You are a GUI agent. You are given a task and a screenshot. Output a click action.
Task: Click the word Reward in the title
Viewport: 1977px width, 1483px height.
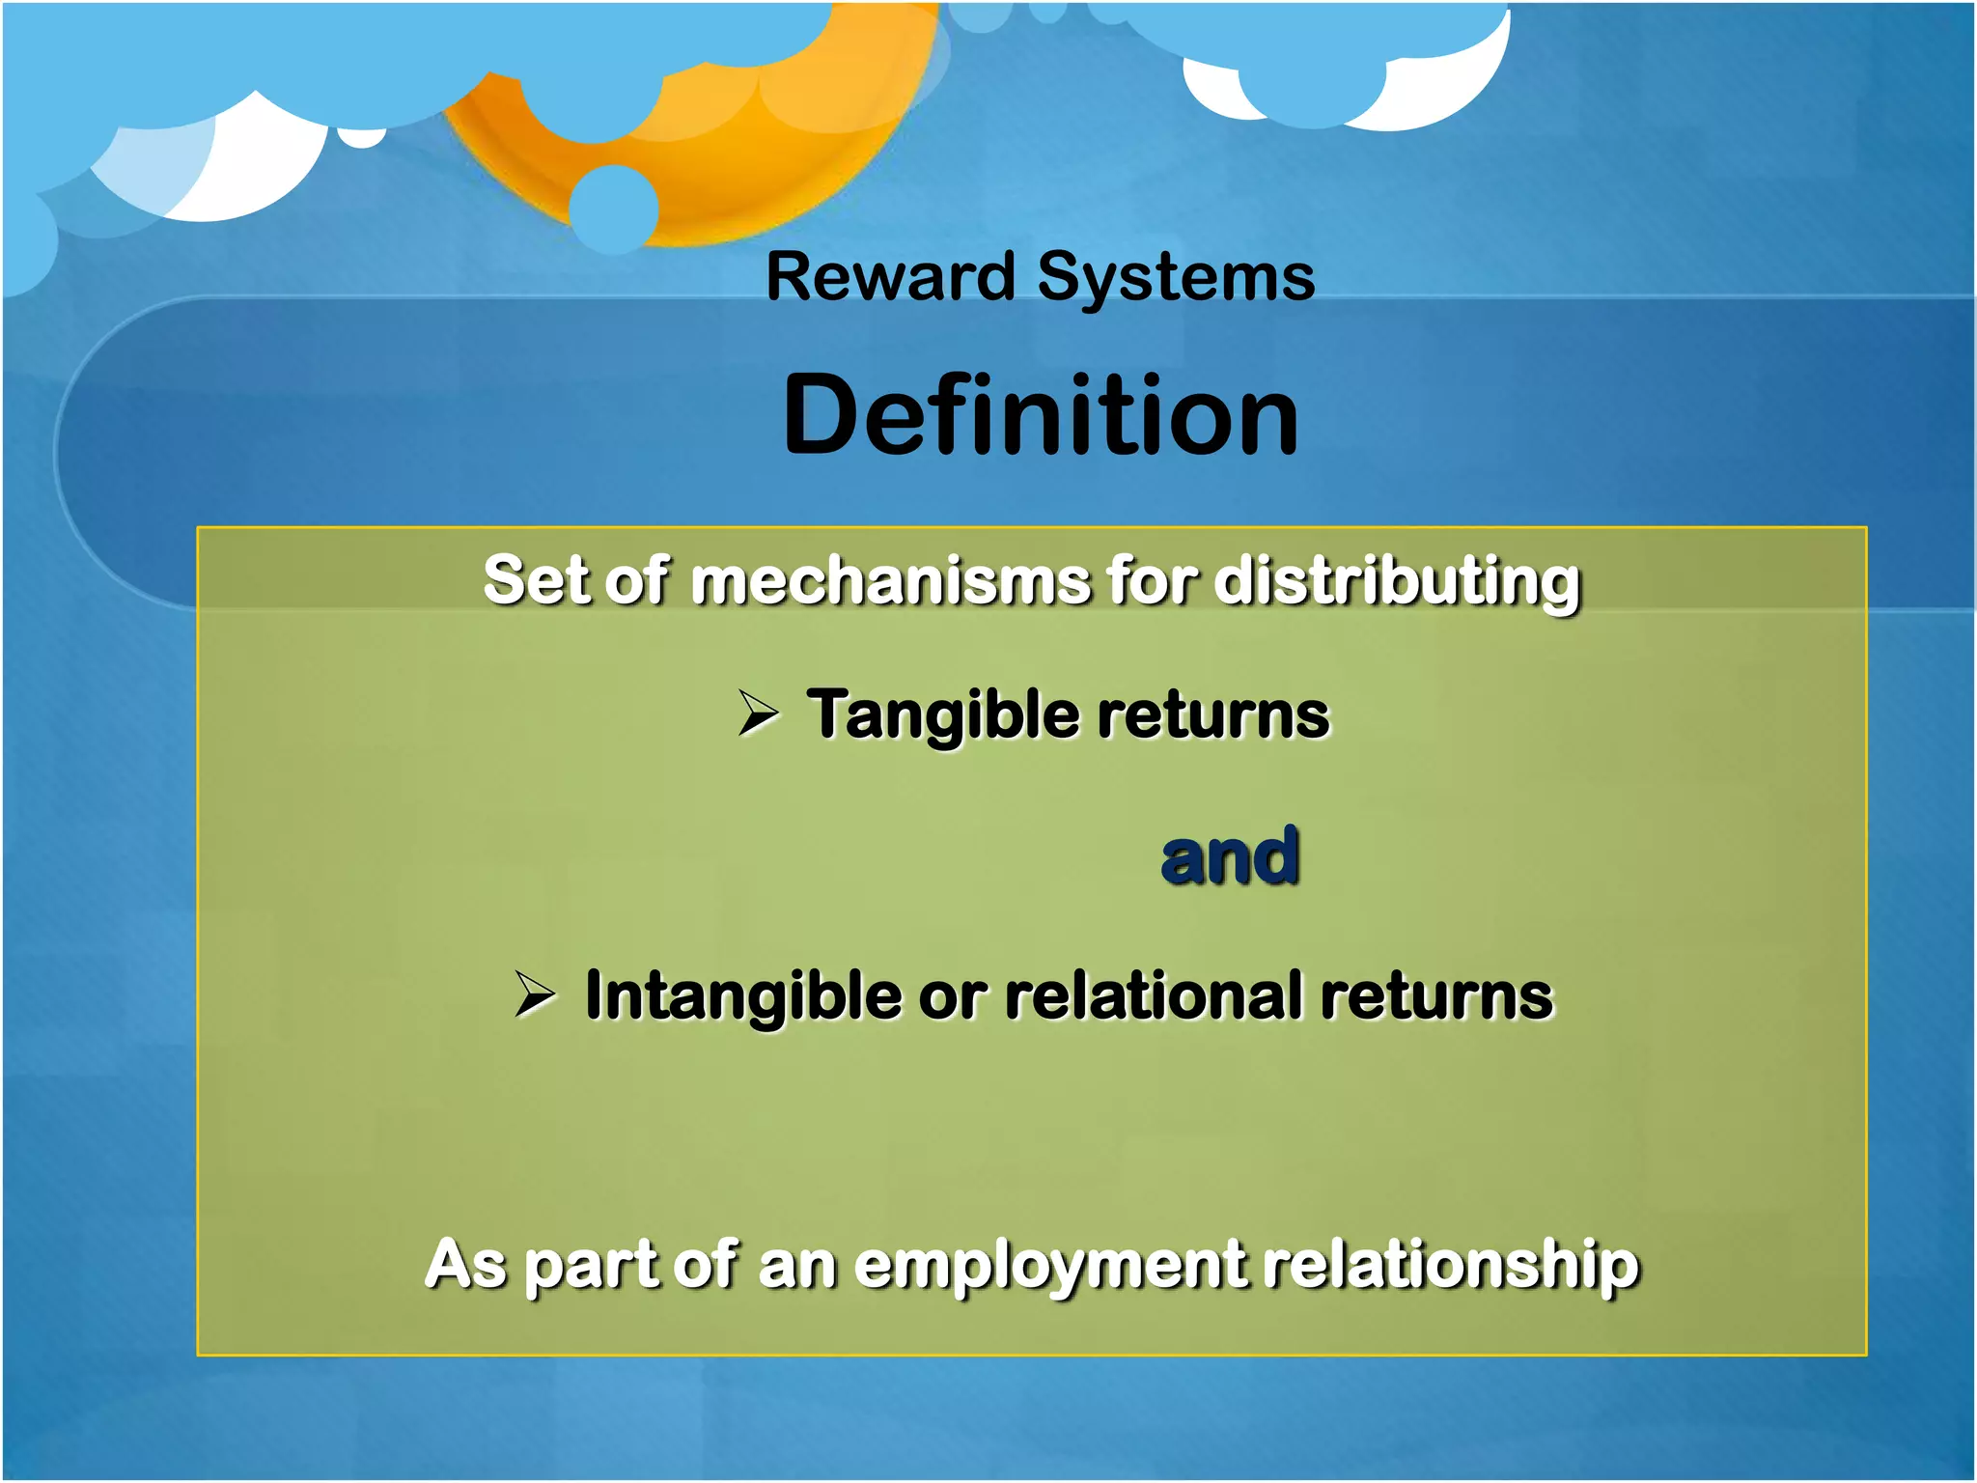[889, 277]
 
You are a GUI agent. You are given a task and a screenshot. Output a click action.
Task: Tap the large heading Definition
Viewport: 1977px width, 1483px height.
[1040, 415]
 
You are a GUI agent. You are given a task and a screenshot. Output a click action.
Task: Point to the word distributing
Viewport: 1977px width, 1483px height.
[1396, 583]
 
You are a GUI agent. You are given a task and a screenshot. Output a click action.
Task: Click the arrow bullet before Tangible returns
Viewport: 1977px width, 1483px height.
[758, 714]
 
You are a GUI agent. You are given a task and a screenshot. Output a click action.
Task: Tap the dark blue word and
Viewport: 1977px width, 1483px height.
[1229, 856]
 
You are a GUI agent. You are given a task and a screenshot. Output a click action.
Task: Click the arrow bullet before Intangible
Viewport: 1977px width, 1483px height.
[534, 994]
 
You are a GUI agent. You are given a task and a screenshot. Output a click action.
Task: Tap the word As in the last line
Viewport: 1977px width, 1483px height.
[465, 1265]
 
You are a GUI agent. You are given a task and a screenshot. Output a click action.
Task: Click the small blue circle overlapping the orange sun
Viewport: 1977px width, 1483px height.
[614, 209]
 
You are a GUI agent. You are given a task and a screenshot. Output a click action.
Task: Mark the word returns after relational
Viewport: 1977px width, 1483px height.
[1436, 995]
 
